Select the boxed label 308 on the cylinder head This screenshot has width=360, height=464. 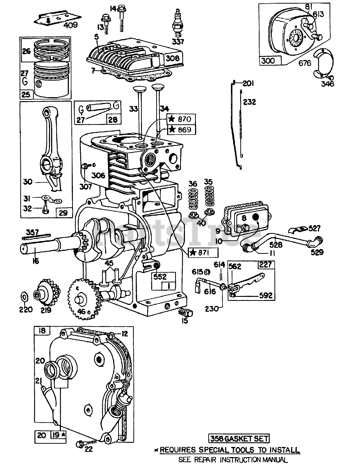(173, 58)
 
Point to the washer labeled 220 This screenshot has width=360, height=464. (25, 297)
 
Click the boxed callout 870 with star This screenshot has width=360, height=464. (181, 119)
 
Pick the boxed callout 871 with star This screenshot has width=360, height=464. (203, 253)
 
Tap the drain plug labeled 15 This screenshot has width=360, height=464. (185, 312)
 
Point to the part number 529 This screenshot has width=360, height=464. (317, 252)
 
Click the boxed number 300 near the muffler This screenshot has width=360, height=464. (269, 61)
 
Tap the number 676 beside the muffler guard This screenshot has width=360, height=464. (305, 63)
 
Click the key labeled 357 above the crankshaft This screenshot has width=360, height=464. (36, 236)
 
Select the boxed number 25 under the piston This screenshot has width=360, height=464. (26, 94)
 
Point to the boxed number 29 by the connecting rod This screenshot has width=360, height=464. (63, 213)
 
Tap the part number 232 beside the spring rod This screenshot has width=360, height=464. (249, 102)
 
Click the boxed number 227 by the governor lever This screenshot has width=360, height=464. (266, 265)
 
